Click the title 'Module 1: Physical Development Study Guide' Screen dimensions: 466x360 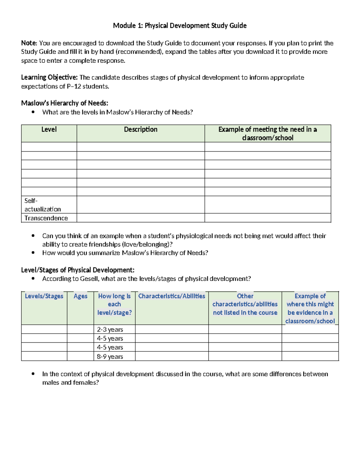click(180, 26)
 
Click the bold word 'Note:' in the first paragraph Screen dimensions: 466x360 click(29, 43)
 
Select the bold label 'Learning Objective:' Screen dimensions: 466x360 click(49, 77)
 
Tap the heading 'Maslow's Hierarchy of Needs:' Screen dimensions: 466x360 click(64, 103)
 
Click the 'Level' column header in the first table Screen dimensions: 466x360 click(49, 129)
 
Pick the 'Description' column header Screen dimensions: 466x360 click(141, 129)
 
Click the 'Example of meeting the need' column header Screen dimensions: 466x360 click(268, 134)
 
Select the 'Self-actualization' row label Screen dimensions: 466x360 click(42, 205)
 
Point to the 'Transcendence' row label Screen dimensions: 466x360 click(46, 218)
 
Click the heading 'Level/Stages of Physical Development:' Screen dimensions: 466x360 click(78, 270)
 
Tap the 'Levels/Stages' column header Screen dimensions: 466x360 click(44, 296)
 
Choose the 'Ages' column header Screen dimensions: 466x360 click(80, 296)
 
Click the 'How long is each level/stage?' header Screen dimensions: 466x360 click(114, 304)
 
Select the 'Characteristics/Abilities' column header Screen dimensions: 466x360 click(172, 296)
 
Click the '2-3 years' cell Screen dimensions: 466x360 click(110, 329)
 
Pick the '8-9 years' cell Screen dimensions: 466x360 click(110, 356)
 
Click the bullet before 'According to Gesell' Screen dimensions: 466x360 click(33, 279)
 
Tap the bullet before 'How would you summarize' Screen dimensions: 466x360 click(33, 253)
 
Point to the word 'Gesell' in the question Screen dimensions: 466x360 click(89, 279)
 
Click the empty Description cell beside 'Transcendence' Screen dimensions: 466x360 click(141, 218)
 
